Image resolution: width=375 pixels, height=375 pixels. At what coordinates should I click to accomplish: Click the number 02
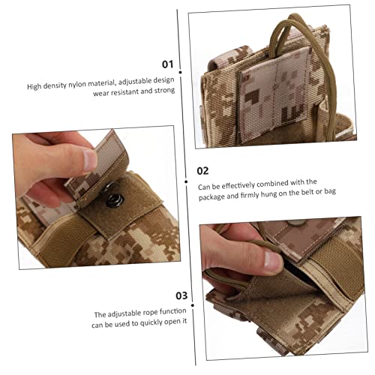tap(202, 169)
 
